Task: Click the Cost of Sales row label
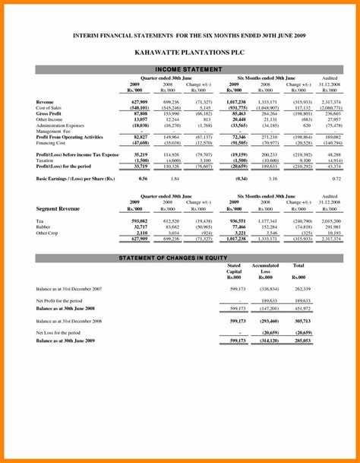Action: pos(49,107)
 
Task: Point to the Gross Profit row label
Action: pos(50,113)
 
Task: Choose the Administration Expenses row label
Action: pos(61,125)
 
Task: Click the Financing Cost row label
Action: pos(51,142)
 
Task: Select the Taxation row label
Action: pos(46,160)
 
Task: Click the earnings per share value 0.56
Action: pos(143,178)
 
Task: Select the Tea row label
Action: pos(39,220)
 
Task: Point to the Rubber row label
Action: pos(44,227)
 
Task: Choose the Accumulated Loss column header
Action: pos(265,269)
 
